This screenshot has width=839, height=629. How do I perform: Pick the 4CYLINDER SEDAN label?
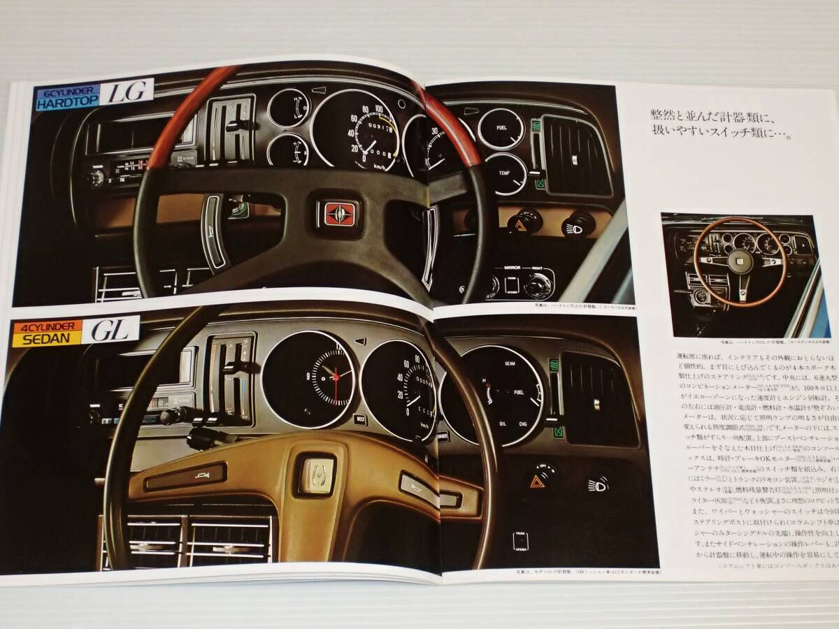[47, 330]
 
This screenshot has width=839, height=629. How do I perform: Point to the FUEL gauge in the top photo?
[501, 129]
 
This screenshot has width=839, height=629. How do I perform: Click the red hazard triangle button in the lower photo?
[538, 481]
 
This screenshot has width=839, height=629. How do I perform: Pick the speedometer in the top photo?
[355, 131]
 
